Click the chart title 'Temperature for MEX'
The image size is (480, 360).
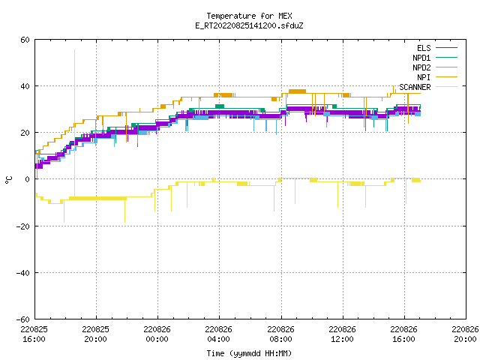(249, 16)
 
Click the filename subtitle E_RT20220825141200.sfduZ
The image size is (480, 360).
(249, 25)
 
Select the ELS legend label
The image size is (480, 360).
(424, 48)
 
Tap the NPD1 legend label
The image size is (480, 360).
(421, 58)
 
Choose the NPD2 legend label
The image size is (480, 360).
(421, 67)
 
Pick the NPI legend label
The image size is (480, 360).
(424, 77)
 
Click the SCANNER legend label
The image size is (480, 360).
(415, 87)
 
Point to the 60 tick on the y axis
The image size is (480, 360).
(25, 40)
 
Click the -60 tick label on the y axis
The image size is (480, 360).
(23, 319)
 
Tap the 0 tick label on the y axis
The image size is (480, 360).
(28, 179)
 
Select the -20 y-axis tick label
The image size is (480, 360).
(23, 226)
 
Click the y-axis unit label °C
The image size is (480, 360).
(8, 180)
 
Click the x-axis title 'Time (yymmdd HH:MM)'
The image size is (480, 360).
(249, 353)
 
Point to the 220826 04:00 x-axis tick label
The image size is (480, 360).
(218, 334)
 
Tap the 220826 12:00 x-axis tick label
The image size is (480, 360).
(342, 334)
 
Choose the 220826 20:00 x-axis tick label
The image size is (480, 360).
(465, 334)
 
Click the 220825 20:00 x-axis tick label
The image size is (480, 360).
(95, 334)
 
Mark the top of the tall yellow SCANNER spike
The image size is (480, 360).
(74, 49)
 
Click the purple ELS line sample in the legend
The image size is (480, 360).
(447, 48)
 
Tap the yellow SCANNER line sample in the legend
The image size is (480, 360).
(447, 87)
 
